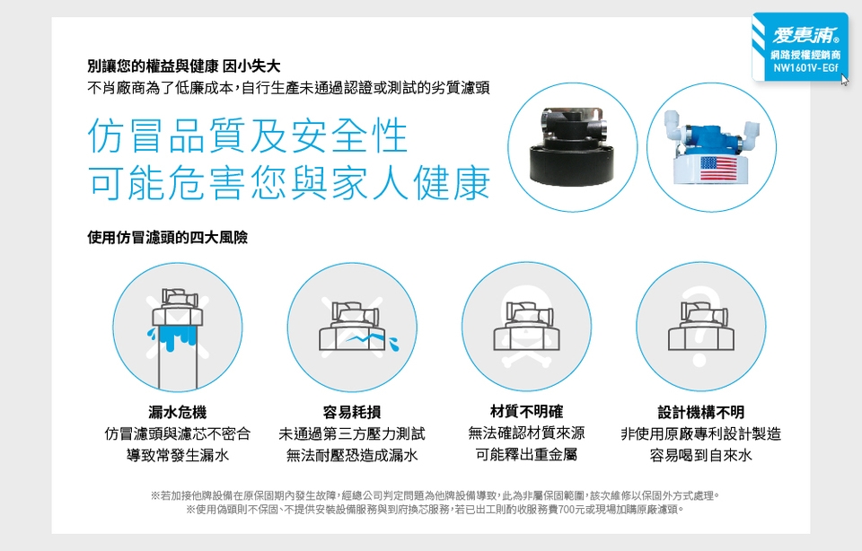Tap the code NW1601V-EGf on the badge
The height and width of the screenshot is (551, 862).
click(x=806, y=68)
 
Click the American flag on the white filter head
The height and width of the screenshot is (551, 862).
click(x=718, y=170)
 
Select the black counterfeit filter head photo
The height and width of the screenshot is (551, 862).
click(x=571, y=148)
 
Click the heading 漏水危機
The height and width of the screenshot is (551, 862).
click(x=178, y=412)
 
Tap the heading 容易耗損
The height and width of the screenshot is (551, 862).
click(x=352, y=412)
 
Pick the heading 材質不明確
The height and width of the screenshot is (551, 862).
click(x=527, y=412)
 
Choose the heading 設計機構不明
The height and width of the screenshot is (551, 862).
click(x=701, y=412)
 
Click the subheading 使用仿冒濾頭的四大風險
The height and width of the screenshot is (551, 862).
click(x=168, y=237)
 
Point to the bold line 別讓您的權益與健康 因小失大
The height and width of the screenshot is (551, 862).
click(x=184, y=66)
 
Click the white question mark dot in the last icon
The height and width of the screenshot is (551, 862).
click(x=699, y=361)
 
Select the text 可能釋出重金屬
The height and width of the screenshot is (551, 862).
click(x=527, y=455)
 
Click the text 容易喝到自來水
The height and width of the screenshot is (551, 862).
click(x=701, y=455)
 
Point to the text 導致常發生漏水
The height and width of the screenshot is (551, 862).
click(x=178, y=455)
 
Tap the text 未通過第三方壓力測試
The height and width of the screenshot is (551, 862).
click(x=352, y=434)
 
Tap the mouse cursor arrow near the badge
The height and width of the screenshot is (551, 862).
click(x=845, y=80)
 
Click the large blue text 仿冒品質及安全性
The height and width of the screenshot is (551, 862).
click(x=248, y=136)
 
